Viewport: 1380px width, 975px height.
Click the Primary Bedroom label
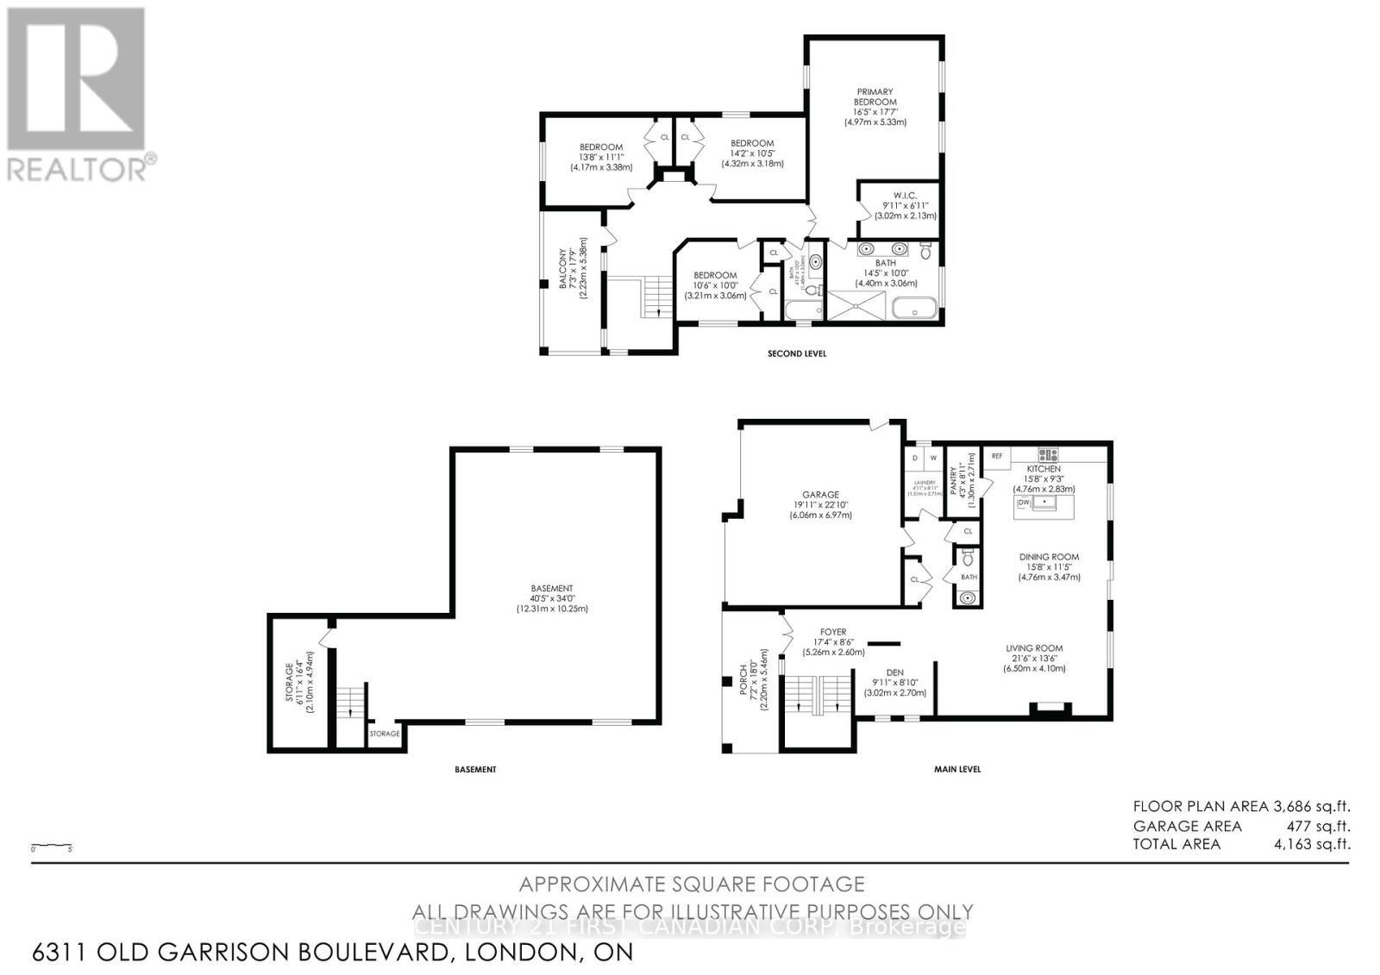coord(875,97)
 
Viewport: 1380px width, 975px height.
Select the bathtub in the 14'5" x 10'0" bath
coord(913,309)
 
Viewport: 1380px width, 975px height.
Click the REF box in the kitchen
coord(997,456)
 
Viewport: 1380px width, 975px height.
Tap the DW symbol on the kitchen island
coord(1025,502)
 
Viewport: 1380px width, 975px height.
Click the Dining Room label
coord(1049,557)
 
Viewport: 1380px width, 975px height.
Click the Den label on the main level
coord(894,674)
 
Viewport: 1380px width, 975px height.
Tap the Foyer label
coord(833,632)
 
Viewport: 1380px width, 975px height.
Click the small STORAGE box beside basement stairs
coord(385,734)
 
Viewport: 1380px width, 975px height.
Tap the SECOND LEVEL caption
coord(796,353)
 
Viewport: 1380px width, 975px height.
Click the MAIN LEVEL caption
coord(957,769)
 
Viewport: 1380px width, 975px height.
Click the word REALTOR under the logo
coord(78,169)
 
